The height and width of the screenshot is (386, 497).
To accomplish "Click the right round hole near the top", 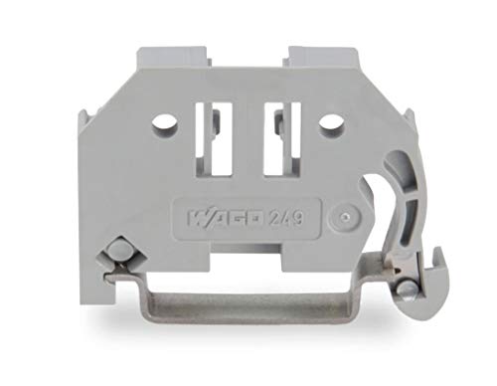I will tap(332, 126).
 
